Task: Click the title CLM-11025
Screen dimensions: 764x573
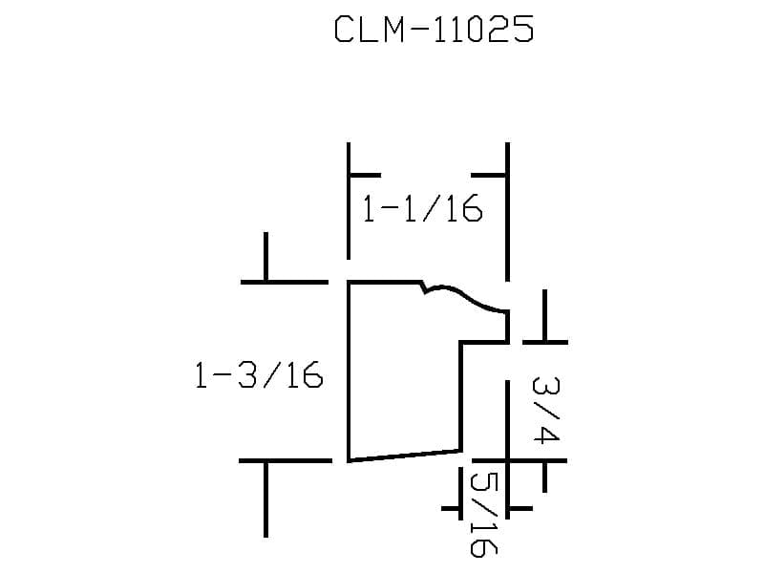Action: coord(435,30)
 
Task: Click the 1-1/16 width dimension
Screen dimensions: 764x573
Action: coord(422,209)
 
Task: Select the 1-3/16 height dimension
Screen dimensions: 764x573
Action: coord(259,374)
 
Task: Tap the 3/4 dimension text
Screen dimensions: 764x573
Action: coord(545,411)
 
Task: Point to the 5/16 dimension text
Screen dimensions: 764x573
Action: coord(484,515)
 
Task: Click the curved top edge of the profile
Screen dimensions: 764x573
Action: coord(468,296)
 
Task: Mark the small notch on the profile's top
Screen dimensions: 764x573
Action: coord(424,287)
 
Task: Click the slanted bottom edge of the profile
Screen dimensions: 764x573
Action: coord(404,456)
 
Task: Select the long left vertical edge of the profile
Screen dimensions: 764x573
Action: coord(349,371)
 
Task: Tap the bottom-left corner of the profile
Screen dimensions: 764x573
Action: coord(349,460)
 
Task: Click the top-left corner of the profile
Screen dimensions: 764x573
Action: coord(349,282)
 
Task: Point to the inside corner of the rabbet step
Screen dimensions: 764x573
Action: coord(460,343)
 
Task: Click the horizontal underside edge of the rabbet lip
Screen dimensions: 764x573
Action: coord(484,343)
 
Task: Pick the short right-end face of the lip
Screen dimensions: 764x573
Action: coord(507,327)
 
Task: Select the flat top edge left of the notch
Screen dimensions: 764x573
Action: coord(385,282)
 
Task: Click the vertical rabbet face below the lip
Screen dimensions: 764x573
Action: coord(460,396)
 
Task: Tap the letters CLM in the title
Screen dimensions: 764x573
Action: coord(370,30)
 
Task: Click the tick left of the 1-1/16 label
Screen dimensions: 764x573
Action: coord(366,175)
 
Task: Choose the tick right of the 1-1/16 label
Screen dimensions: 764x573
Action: coord(489,175)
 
